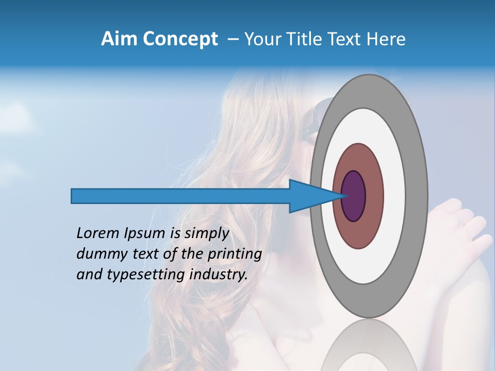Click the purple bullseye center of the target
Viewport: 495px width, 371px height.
pos(354,196)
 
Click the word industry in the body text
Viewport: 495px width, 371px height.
pos(219,275)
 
